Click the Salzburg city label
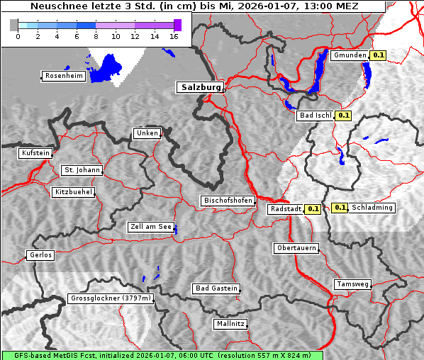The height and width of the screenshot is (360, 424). [199, 87]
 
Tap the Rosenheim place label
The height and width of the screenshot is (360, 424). [63, 76]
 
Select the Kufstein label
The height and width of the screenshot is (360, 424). [35, 153]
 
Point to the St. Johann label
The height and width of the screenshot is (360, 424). [82, 170]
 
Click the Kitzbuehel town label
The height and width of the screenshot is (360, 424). [72, 192]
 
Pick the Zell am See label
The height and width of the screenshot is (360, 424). [150, 227]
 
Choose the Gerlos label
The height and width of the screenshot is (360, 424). [40, 255]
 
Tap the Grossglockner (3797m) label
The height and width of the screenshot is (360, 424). [111, 298]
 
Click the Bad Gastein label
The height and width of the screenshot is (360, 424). [216, 288]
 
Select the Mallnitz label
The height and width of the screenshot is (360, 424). [230, 324]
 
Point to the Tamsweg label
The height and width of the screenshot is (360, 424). [352, 284]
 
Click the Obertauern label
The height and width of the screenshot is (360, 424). [296, 248]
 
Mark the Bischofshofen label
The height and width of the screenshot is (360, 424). [228, 201]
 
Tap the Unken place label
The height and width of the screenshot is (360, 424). [146, 133]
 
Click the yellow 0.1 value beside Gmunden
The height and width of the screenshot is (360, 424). [378, 55]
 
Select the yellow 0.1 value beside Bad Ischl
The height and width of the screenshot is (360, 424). [344, 115]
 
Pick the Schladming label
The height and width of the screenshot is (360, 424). [372, 208]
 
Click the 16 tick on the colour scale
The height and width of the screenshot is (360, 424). [174, 36]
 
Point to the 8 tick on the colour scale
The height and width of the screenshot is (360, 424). [96, 36]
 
